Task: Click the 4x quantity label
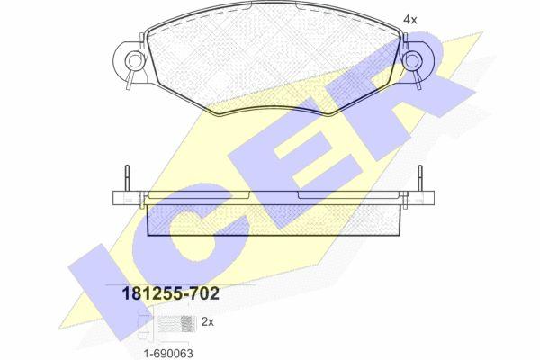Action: pyautogui.click(x=409, y=20)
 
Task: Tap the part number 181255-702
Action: pyautogui.click(x=171, y=294)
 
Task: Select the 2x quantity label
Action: pyautogui.click(x=207, y=322)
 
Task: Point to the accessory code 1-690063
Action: pyautogui.click(x=168, y=353)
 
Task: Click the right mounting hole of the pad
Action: pyautogui.click(x=412, y=60)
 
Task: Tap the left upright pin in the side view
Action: pyautogui.click(x=127, y=178)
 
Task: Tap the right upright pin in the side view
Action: pyautogui.click(x=419, y=178)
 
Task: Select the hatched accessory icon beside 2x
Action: pyautogui.click(x=175, y=324)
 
